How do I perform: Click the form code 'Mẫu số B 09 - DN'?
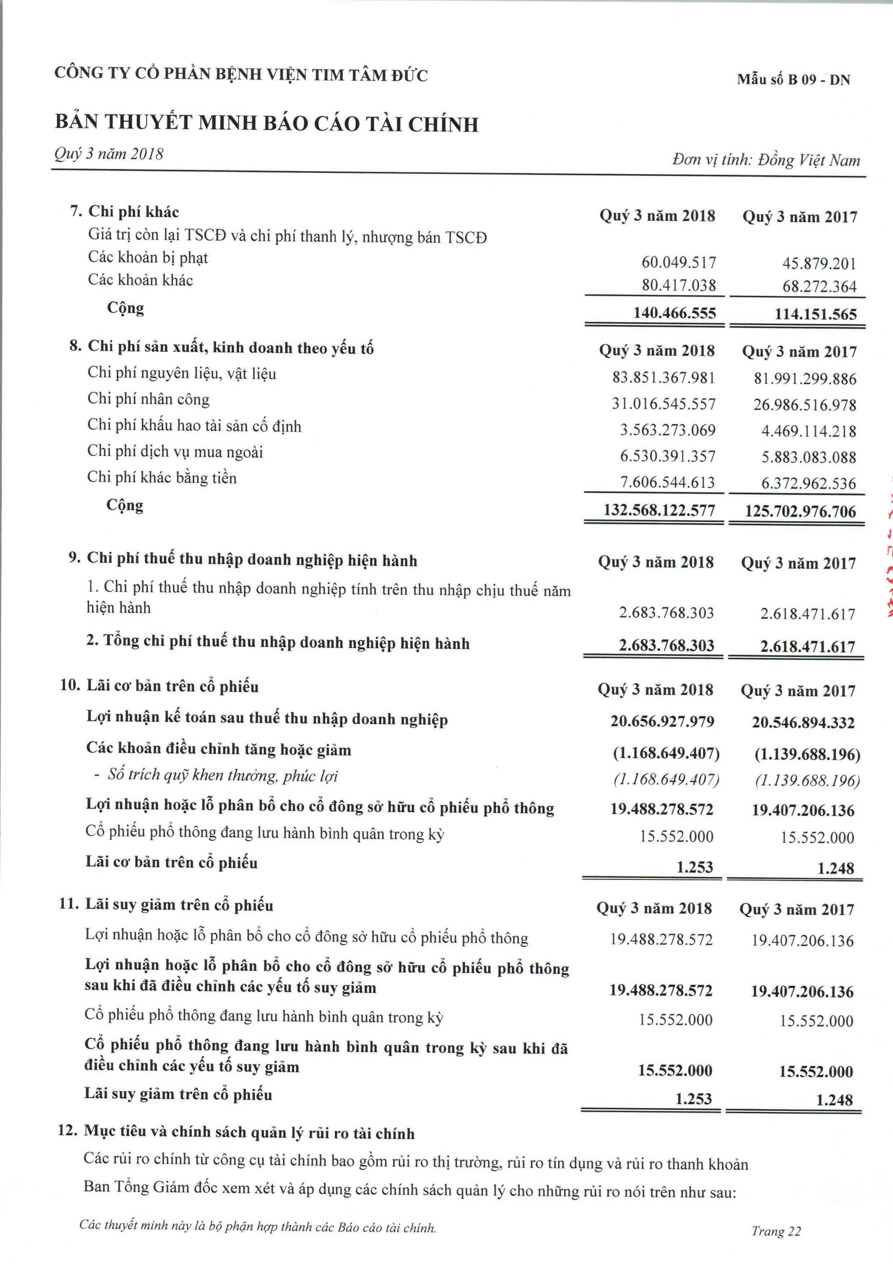point(793,79)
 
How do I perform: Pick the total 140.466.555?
point(674,313)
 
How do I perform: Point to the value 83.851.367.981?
point(663,378)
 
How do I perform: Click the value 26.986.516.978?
point(805,405)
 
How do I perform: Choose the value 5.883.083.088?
point(809,457)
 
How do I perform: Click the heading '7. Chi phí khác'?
point(124,211)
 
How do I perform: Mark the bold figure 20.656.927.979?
point(662,721)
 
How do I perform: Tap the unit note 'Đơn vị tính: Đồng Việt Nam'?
point(766,160)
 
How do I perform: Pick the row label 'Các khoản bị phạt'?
point(148,258)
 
